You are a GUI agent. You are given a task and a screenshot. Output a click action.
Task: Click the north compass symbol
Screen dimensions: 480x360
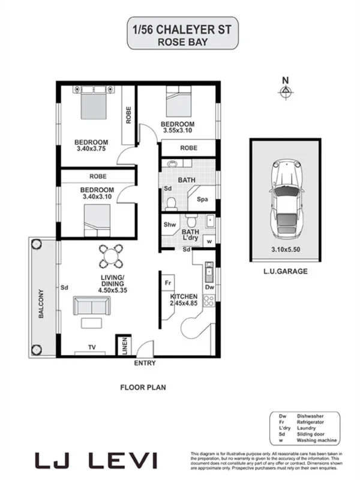point(286,90)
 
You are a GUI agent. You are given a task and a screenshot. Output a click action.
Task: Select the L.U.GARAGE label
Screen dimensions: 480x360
point(285,271)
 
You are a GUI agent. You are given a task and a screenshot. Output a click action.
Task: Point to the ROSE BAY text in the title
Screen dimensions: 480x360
point(179,42)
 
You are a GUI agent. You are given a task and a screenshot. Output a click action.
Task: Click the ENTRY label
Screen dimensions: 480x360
point(145,363)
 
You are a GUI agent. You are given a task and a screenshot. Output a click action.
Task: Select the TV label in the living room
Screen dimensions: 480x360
point(92,347)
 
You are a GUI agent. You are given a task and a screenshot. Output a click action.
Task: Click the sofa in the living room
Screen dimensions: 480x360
point(91,306)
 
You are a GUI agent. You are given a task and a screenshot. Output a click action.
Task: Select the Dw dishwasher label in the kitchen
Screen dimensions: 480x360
point(209,287)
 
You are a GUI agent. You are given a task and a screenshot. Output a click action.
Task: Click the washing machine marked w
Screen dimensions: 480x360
point(209,241)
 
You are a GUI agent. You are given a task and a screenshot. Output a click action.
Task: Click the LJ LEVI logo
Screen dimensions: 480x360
point(96,461)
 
